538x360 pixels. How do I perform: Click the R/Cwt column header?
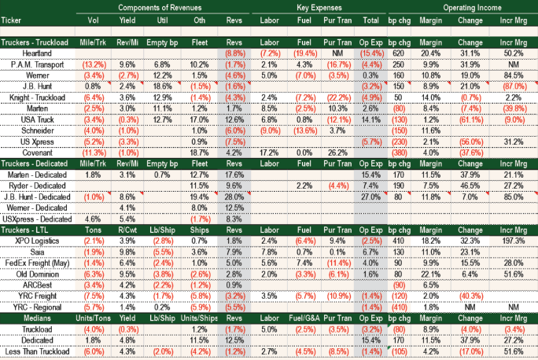click(x=128, y=229)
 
